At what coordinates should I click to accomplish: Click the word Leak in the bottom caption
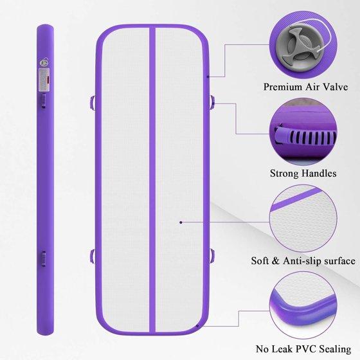click(x=281, y=349)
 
